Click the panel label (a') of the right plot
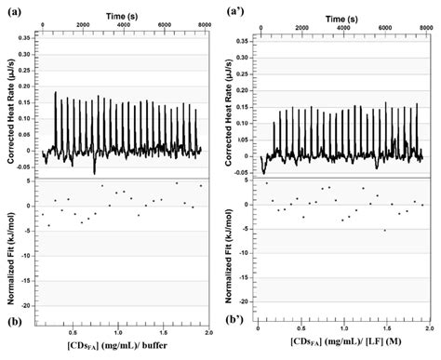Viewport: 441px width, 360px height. pyautogui.click(x=234, y=12)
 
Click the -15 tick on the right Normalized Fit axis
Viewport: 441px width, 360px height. pyautogui.click(x=250, y=279)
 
